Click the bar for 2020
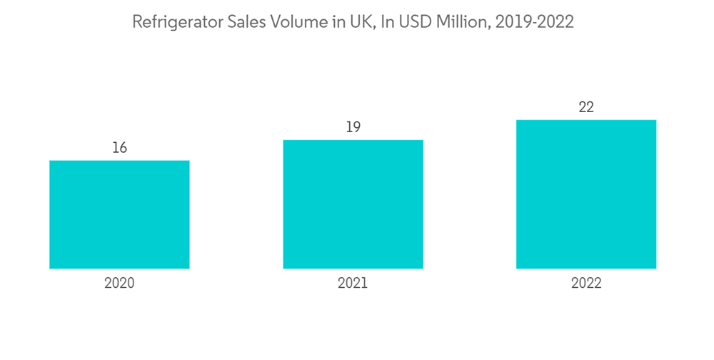[119, 214]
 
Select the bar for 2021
[353, 204]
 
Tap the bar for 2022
[586, 194]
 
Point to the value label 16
[119, 148]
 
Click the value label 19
[353, 127]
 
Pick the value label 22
[586, 107]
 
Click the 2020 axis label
[119, 283]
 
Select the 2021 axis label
[353, 283]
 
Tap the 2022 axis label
[586, 283]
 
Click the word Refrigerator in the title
[174, 22]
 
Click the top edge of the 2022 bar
[586, 120]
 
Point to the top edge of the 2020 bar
[119, 161]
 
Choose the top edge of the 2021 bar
[353, 140]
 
